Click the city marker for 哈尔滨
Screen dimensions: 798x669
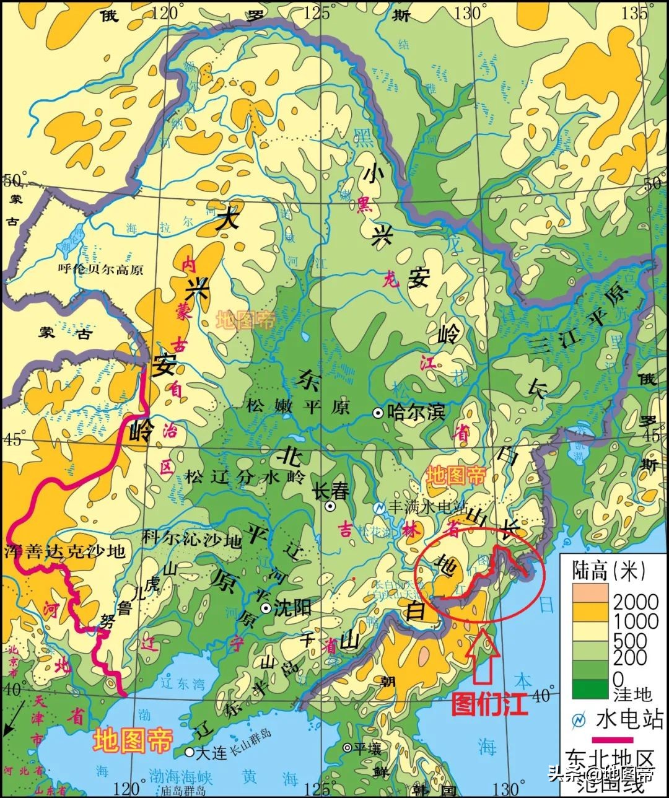377,413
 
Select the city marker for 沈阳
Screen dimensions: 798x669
266,608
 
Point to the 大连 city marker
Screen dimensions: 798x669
189,752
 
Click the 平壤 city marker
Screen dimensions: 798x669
348,748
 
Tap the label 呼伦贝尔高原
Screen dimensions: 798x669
100,269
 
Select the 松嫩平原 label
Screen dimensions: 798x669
298,406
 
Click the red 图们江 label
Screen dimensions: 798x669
489,704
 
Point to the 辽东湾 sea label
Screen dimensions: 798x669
181,684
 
